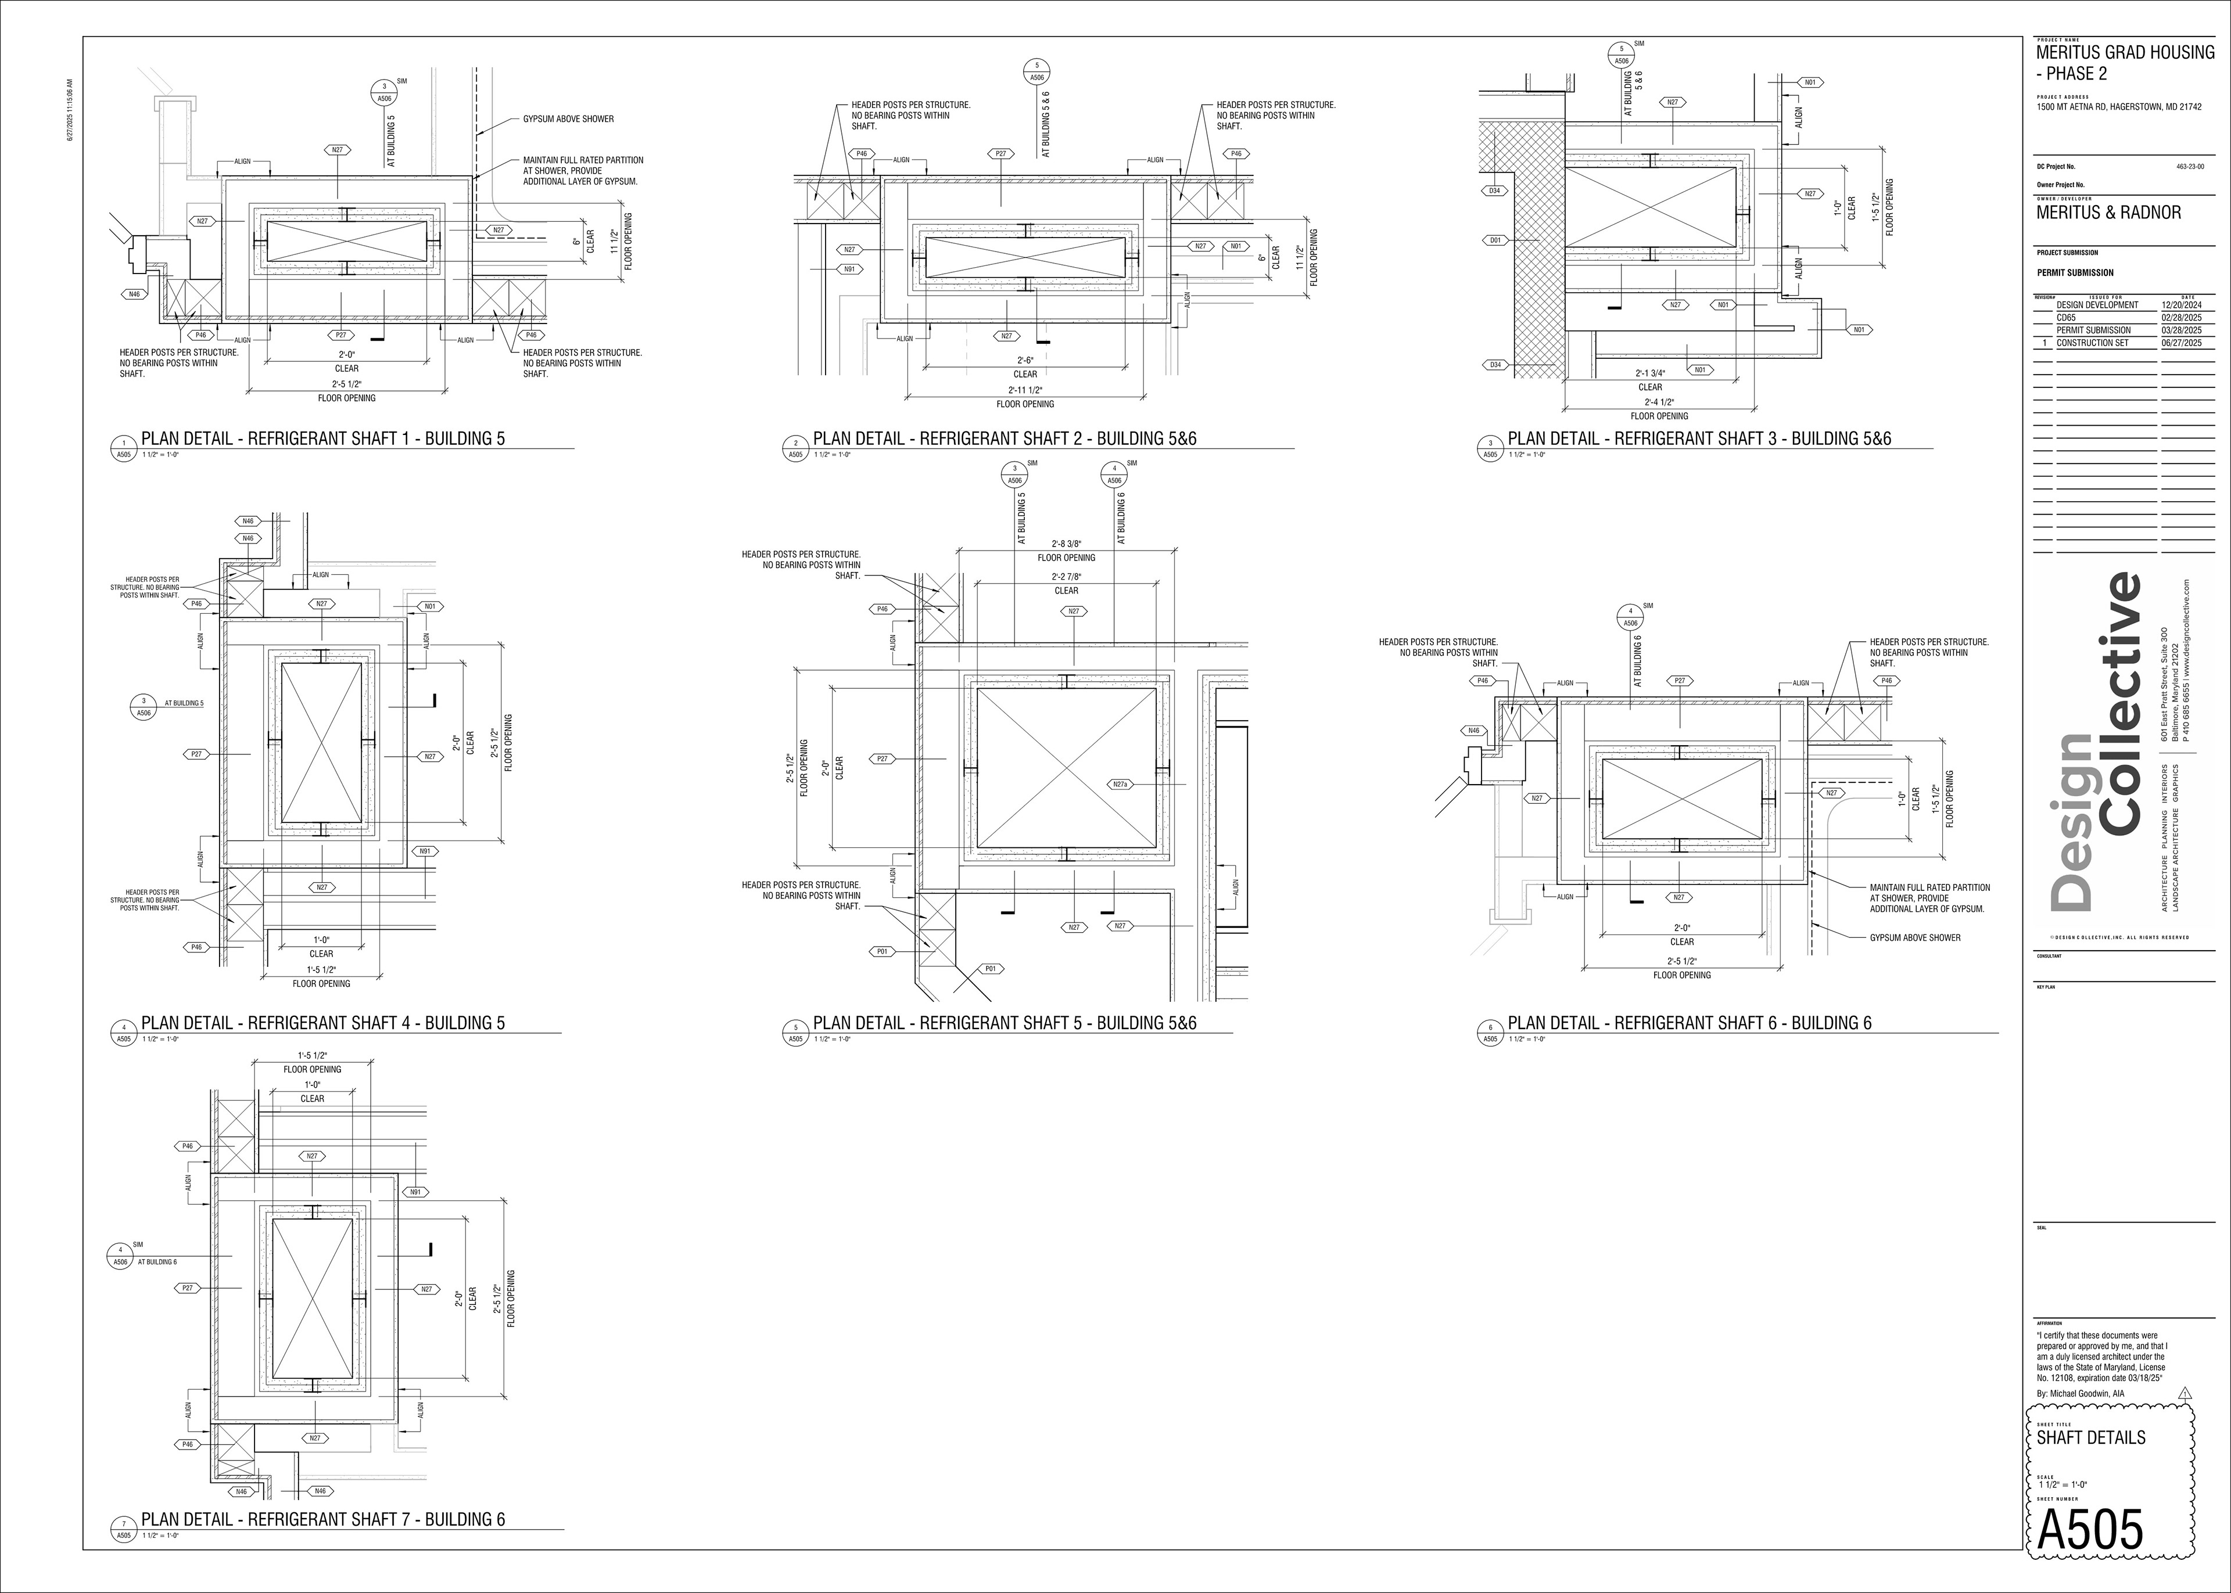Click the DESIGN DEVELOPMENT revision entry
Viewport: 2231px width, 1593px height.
coord(2097,305)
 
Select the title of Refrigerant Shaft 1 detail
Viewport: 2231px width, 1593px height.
coord(323,438)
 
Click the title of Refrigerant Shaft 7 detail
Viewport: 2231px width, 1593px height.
coord(323,1519)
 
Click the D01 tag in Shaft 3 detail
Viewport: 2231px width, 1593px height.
coord(1494,239)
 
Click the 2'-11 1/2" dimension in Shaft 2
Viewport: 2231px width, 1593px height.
coord(1025,390)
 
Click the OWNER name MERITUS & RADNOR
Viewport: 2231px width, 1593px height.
coord(2108,213)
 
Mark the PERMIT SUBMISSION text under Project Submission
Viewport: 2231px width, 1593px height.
coord(2075,273)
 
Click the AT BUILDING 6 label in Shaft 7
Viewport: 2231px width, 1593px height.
coord(157,1261)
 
